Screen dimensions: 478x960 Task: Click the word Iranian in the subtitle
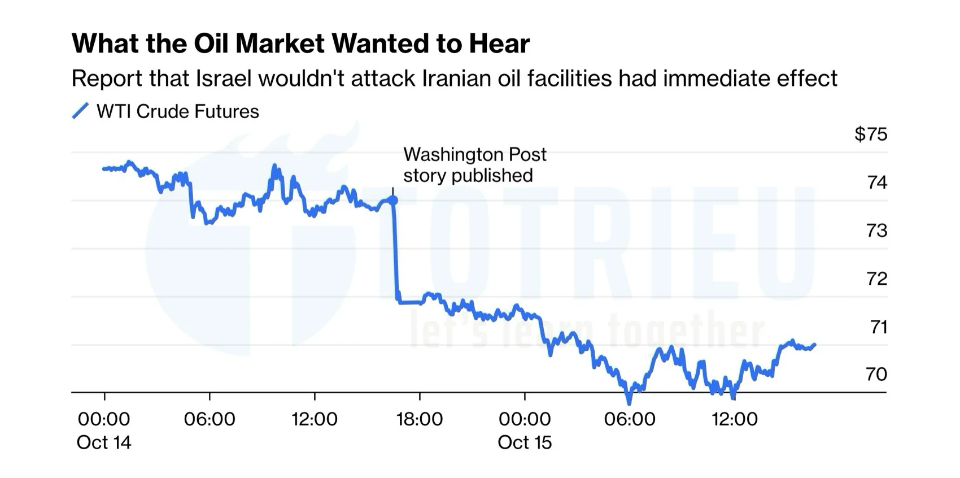click(x=456, y=79)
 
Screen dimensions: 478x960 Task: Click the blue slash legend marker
click(x=80, y=111)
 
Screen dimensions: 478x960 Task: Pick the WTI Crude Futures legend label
click(x=177, y=111)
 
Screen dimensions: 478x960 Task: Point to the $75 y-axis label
click(x=870, y=134)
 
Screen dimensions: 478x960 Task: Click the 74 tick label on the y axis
click(x=877, y=182)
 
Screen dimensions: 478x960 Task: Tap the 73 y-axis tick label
click(x=877, y=231)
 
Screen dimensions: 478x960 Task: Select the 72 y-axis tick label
click(x=877, y=279)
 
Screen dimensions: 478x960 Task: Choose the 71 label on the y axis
click(x=878, y=327)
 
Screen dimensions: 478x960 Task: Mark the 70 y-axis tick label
click(x=876, y=374)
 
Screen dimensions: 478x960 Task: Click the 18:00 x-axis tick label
click(x=420, y=419)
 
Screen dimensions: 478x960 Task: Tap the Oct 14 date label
click(x=104, y=442)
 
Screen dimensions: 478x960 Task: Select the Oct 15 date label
click(x=525, y=442)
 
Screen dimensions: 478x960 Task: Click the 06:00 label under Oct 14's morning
click(x=210, y=419)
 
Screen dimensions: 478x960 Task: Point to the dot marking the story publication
click(x=393, y=200)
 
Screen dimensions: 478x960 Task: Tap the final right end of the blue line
click(x=814, y=345)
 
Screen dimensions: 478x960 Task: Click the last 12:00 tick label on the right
click(x=735, y=419)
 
